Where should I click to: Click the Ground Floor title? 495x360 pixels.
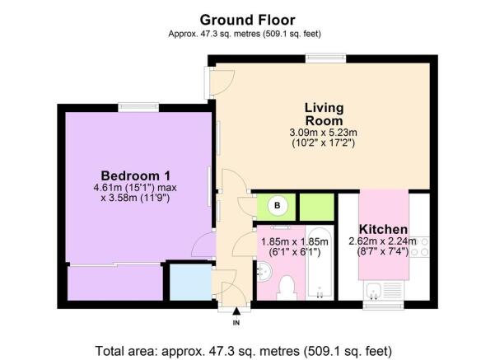coord(247,21)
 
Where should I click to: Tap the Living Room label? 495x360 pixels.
coord(324,114)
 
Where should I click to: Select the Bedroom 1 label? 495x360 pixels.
coord(135,175)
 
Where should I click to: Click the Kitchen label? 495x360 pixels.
coord(383,229)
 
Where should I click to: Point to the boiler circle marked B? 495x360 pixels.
coord(278,206)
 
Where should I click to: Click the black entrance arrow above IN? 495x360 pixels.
coord(236,311)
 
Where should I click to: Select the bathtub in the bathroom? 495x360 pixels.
coord(320,263)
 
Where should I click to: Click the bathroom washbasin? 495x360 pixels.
coord(264,271)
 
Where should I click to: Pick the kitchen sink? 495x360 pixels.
coord(385,291)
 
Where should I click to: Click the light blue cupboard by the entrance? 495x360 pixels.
coord(191,282)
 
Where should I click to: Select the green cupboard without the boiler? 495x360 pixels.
coord(316,207)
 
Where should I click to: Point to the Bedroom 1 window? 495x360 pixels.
coord(138,107)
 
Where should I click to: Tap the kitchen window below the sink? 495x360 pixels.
coord(383,306)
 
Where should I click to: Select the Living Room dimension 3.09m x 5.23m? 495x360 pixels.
coord(323,133)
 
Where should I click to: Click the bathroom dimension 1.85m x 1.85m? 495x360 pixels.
coord(295,242)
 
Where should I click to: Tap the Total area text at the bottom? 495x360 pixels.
coord(244,351)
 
